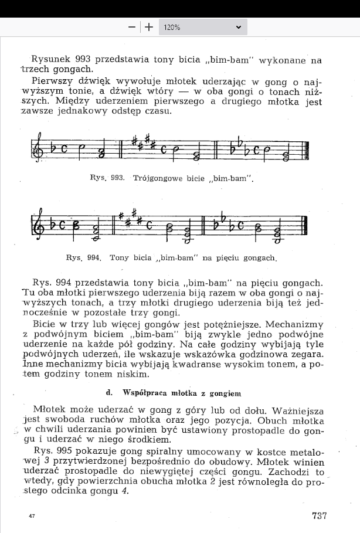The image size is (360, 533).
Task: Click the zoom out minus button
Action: point(132,27)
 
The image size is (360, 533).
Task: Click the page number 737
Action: point(319,516)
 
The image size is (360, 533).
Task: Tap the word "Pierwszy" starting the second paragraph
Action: point(52,81)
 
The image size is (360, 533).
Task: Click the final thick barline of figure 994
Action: point(307,228)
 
